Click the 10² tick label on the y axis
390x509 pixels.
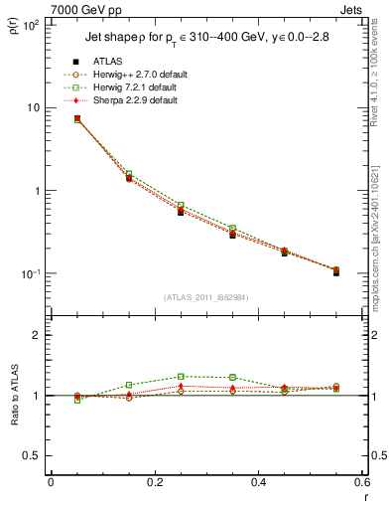tap(31, 24)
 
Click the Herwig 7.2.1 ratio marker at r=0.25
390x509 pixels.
tap(181, 377)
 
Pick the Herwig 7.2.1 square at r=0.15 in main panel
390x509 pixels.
tap(129, 173)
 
